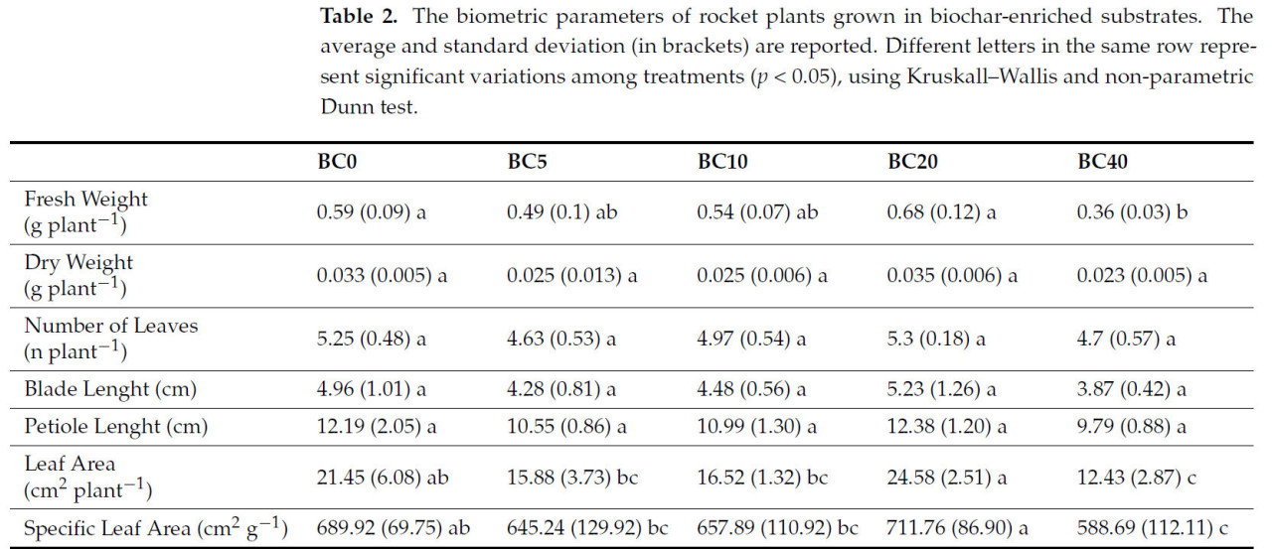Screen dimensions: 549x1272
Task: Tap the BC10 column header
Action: [x=724, y=163]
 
